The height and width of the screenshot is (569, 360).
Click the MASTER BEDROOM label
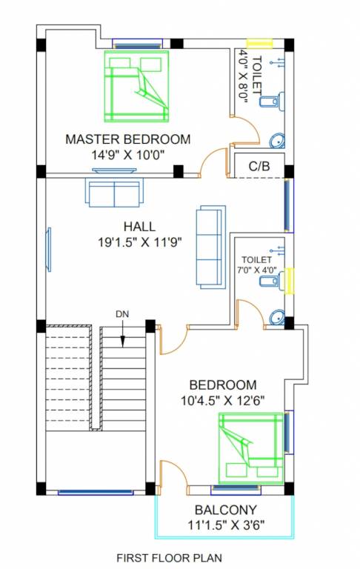pos(127,139)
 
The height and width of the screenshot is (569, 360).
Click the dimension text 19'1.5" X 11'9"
pos(139,242)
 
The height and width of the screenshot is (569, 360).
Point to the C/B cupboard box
pos(259,167)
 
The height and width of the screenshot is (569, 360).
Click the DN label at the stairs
pos(122,314)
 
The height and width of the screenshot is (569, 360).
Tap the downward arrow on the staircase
pos(123,333)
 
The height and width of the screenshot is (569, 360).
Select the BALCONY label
pos(226,510)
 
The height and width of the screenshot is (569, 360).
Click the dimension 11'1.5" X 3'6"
pos(226,525)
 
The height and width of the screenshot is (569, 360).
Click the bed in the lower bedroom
pos(250,447)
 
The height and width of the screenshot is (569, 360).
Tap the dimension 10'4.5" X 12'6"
pos(223,401)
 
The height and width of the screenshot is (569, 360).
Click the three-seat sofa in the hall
pos(209,246)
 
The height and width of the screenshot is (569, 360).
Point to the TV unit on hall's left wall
pos(49,249)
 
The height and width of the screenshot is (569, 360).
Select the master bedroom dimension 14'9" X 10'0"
pos(127,153)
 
